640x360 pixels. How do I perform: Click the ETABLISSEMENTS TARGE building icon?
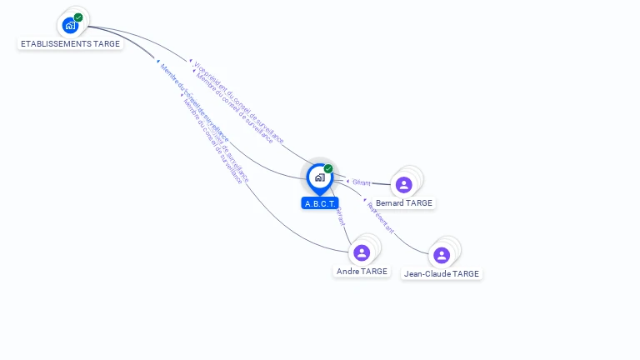pyautogui.click(x=70, y=25)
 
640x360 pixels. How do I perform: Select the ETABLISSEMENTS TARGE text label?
pyautogui.click(x=70, y=43)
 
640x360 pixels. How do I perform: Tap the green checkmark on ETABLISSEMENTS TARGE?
pyautogui.click(x=78, y=17)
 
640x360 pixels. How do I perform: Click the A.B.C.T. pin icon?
pyautogui.click(x=319, y=177)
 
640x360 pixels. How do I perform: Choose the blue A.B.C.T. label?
pyautogui.click(x=320, y=203)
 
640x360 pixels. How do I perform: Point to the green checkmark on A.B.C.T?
pyautogui.click(x=328, y=169)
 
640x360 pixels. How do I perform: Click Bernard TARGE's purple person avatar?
pyautogui.click(x=404, y=184)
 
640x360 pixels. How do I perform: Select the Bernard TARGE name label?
pyautogui.click(x=405, y=202)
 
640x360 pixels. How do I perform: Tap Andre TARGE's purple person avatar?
pyautogui.click(x=361, y=252)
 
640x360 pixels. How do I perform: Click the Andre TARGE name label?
pyautogui.click(x=362, y=271)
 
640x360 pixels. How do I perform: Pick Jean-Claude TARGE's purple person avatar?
pyautogui.click(x=442, y=255)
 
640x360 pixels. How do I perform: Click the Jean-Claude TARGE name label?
pyautogui.click(x=442, y=273)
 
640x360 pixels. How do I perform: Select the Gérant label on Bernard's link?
pyautogui.click(x=361, y=182)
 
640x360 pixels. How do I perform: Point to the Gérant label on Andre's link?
pyautogui.click(x=340, y=216)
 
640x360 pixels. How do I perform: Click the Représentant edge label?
pyautogui.click(x=380, y=217)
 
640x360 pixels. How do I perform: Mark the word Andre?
pyautogui.click(x=347, y=271)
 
